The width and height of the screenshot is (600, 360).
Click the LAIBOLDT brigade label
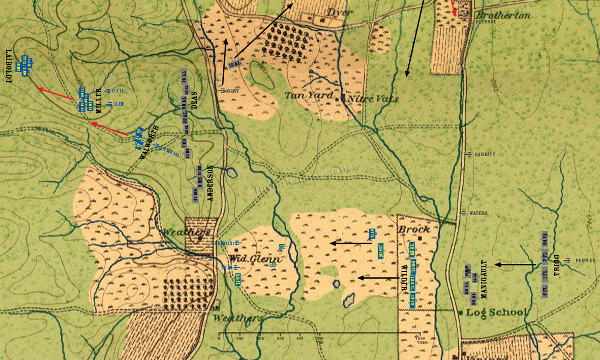(9, 66)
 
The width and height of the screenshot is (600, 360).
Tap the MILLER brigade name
(99, 99)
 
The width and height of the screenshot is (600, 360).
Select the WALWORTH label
(149, 142)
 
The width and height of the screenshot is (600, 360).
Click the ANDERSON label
(211, 183)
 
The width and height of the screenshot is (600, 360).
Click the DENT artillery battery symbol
(223, 91)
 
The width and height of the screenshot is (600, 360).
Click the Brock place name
(414, 229)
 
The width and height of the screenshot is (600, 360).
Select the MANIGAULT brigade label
(484, 279)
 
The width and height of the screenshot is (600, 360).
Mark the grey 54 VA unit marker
(545, 239)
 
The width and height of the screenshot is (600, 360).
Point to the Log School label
(496, 312)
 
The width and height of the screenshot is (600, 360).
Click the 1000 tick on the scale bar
(420, 339)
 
